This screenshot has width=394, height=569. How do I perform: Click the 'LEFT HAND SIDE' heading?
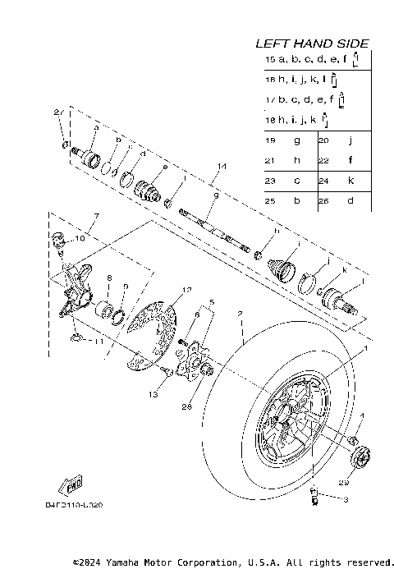pos(311,43)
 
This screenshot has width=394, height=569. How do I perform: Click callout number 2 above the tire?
pos(239,313)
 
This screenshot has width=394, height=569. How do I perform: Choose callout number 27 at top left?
pos(58,112)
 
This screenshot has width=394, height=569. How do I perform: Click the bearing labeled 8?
pos(107,311)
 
